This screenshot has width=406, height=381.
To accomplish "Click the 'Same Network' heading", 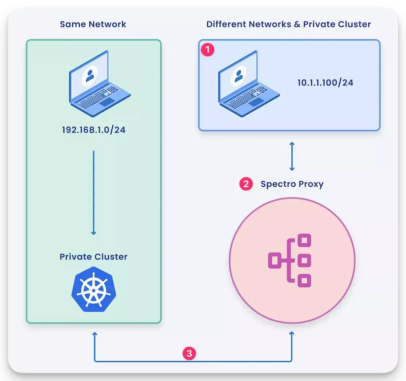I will click(93, 24).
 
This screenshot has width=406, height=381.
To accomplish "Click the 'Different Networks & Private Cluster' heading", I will click(289, 24).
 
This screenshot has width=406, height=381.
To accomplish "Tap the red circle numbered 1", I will click(208, 50).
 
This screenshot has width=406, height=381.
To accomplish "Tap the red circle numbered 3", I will click(189, 353).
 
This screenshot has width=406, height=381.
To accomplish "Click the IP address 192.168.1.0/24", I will click(94, 130).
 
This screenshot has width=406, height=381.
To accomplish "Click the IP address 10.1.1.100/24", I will click(325, 83).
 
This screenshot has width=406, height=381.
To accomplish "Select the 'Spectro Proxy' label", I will click(292, 184).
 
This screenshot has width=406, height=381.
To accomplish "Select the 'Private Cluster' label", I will click(94, 257).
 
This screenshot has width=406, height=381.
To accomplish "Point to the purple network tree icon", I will click(290, 260).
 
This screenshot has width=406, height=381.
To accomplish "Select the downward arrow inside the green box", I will click(94, 192).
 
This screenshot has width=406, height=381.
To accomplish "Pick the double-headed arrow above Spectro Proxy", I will click(292, 156).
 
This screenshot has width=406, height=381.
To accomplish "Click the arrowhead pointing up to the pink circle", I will click(292, 335).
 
